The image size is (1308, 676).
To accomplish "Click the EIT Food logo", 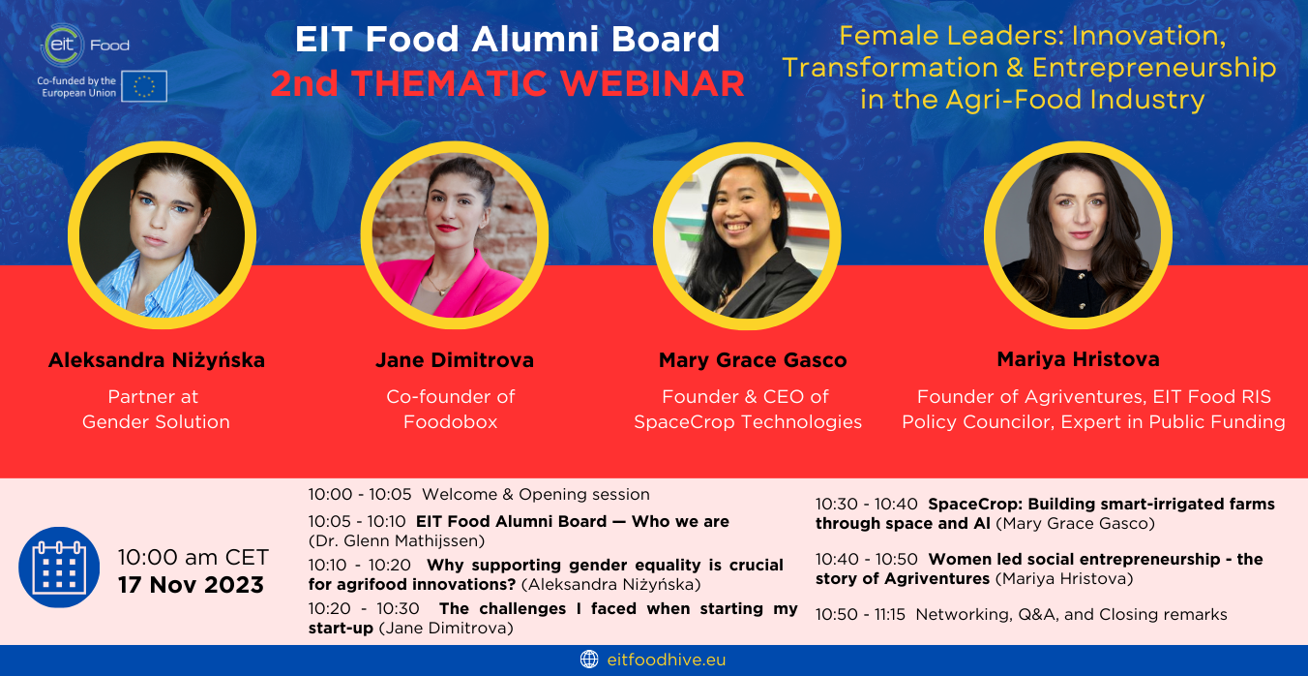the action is coord(85,45).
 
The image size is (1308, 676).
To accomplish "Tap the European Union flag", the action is coord(144,86).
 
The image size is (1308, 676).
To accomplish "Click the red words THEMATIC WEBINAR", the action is coord(548,83).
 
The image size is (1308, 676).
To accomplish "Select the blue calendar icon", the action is coord(59,568).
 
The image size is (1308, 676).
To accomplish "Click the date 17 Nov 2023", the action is coord(191,585).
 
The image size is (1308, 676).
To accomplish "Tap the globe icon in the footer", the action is coord(589,660).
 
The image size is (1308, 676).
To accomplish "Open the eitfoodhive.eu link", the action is coord(667,660).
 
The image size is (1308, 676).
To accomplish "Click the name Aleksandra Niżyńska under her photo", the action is coord(157,360).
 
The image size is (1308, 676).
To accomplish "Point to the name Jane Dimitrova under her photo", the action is coord(455,360).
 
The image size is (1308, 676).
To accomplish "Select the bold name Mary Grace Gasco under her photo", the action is coord(753,360).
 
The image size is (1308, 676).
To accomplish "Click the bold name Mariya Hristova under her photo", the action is coord(1078,359).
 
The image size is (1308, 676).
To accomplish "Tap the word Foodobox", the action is coord(450,421).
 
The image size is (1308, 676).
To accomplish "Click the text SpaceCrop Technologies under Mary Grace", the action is coord(748,421).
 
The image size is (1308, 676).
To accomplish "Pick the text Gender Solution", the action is coord(156,421).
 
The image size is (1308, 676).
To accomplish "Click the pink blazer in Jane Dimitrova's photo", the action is coord(456,287).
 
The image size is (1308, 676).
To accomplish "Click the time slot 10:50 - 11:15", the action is coord(860,615).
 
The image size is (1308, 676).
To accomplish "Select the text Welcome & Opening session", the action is coord(535,495).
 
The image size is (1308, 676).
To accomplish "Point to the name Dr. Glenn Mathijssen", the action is coord(397,541).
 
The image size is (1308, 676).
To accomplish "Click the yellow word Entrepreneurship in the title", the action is coord(1154,69).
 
